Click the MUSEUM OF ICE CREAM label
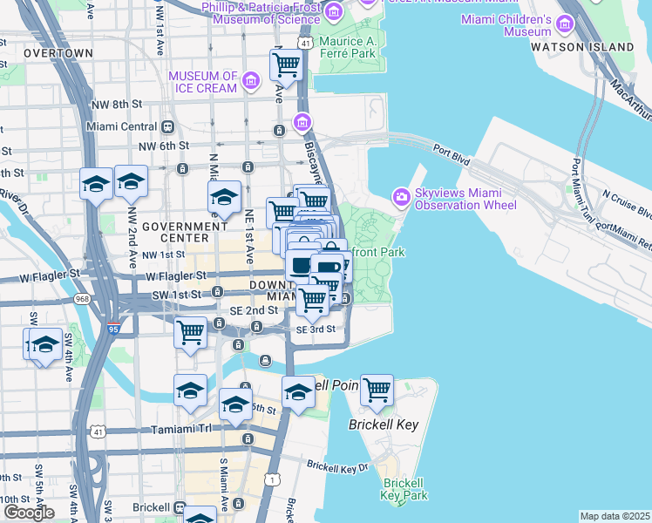coord(203,82)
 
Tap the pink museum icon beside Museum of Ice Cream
coord(252,82)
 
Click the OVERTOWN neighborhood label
coord(58,53)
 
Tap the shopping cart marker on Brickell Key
coord(377,392)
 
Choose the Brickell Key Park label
coord(404,488)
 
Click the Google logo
coord(30,512)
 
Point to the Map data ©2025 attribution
coord(615,516)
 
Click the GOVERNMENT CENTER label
coord(175,231)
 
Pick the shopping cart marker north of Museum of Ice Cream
coord(286,65)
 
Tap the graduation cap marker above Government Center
coord(224,197)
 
